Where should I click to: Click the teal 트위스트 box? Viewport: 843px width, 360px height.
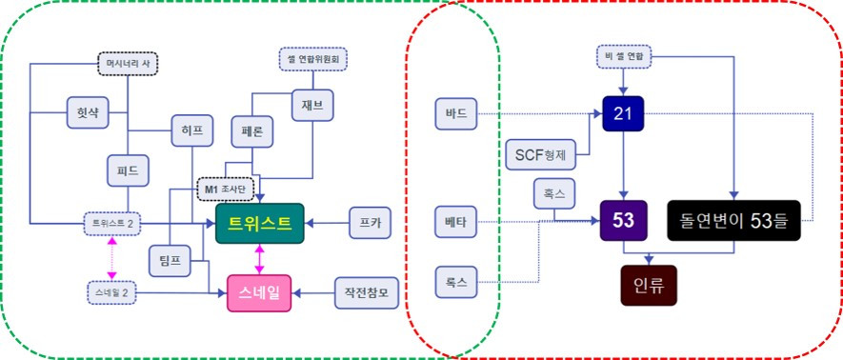259,223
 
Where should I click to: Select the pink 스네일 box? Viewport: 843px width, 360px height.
259,292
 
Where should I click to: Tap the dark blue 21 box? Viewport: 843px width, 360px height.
624,115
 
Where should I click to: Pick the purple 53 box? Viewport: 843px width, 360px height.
624,220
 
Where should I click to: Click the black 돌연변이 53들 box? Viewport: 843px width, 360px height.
733,220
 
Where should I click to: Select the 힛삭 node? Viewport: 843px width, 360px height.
88,111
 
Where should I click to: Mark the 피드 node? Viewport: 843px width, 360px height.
128,171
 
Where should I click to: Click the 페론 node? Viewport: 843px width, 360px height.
252,130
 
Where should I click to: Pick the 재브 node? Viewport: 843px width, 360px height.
313,106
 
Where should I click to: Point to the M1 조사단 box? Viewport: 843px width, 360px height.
225,189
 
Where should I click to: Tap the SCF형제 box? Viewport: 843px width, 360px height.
534,152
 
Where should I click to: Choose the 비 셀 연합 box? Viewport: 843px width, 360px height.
624,57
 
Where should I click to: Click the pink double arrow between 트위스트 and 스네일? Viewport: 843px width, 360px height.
259,258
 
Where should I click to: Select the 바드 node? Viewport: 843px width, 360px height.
454,114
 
